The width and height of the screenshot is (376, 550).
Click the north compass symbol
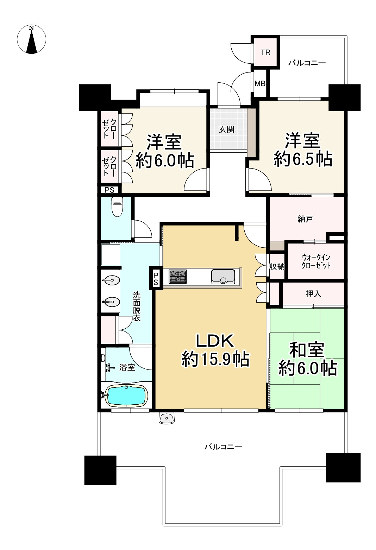(31, 39)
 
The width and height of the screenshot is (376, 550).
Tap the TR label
(265, 52)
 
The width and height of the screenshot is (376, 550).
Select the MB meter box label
(260, 84)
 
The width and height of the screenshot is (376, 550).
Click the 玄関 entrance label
(226, 129)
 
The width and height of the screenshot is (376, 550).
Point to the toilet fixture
(117, 207)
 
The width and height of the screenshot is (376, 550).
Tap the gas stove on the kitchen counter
(177, 277)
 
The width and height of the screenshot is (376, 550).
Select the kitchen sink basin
(223, 277)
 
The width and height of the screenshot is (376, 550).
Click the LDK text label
(214, 341)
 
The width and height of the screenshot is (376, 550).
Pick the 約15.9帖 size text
(215, 360)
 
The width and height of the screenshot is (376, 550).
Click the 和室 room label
(307, 350)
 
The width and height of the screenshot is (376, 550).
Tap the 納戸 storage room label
(305, 219)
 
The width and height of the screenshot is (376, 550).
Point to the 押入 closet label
(313, 294)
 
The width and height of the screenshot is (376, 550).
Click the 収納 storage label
(277, 266)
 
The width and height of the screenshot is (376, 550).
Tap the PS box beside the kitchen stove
(156, 278)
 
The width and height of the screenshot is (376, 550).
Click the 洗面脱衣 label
(136, 306)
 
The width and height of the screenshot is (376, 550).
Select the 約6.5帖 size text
(303, 159)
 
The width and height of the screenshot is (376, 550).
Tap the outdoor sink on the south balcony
(167, 418)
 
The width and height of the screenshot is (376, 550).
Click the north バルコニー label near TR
(307, 63)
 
